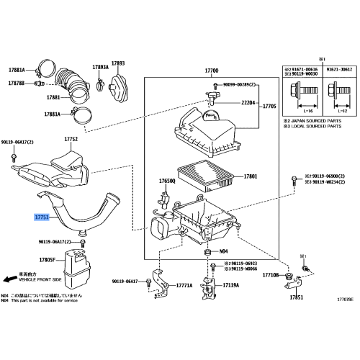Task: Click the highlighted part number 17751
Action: coord(43,215)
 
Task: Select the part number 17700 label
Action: coord(211,71)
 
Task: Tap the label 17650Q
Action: coord(167,181)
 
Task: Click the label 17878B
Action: coord(16,84)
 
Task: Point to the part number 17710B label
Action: coord(271,275)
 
